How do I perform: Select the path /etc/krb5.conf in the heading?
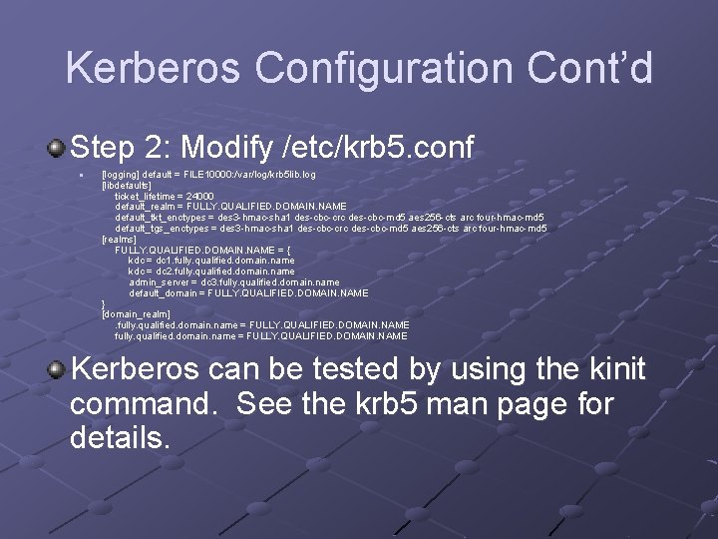pyautogui.click(x=379, y=150)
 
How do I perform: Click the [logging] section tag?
pyautogui.click(x=121, y=174)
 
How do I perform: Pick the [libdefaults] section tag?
pyautogui.click(x=127, y=185)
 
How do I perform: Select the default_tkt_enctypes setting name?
pyautogui.click(x=165, y=218)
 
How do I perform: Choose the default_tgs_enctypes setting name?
pyautogui.click(x=166, y=229)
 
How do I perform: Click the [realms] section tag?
pyautogui.click(x=119, y=240)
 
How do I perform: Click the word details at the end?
pyautogui.click(x=121, y=437)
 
